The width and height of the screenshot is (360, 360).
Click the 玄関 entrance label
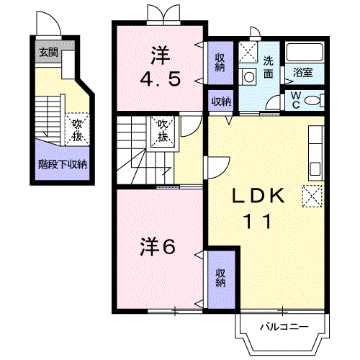(49, 52)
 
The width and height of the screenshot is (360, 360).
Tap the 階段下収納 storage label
(63, 165)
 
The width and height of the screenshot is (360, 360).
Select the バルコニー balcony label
(284, 327)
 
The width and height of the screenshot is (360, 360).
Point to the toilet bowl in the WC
(312, 101)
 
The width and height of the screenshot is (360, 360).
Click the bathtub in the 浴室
(305, 52)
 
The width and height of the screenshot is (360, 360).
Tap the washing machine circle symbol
(249, 77)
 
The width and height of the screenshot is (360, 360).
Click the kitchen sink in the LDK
(315, 168)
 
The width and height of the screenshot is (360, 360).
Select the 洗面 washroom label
(269, 68)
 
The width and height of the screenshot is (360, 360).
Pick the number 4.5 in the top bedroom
(160, 80)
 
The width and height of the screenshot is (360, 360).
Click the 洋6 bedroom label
(158, 246)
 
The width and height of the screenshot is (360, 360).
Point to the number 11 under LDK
(258, 221)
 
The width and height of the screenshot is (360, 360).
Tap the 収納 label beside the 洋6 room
(220, 278)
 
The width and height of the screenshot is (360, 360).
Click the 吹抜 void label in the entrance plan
(77, 130)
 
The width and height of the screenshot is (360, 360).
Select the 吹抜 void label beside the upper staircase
(163, 131)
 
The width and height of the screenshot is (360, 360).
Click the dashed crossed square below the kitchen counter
(312, 196)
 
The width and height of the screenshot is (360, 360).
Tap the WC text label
(296, 100)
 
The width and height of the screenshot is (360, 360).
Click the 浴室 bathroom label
(302, 72)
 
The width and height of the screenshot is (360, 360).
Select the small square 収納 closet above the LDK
(221, 101)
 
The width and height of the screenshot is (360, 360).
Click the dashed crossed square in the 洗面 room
(248, 52)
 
